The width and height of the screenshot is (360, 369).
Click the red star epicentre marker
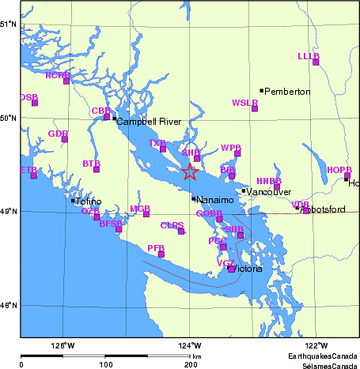(x=190, y=172)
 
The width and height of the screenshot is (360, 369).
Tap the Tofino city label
(x=89, y=201)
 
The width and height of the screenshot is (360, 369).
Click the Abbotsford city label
(x=324, y=209)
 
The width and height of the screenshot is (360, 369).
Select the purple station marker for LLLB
(x=316, y=62)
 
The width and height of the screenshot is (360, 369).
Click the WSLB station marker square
(x=255, y=108)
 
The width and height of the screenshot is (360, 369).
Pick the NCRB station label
(x=58, y=75)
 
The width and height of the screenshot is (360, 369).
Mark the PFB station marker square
(x=161, y=254)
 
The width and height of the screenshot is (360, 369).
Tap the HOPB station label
(x=339, y=170)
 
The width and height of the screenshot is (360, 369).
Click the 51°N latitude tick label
(x=9, y=24)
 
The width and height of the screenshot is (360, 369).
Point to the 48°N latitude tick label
(x=9, y=305)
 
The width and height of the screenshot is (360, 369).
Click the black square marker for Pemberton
(x=262, y=91)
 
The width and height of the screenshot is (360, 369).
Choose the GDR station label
(x=58, y=134)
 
